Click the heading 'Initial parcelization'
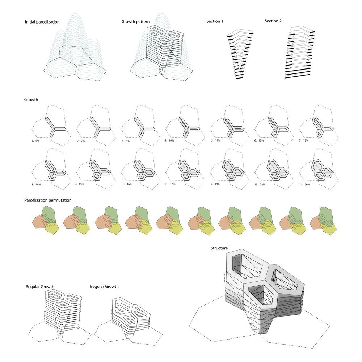pyautogui.click(x=42, y=22)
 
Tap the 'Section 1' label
pyautogui.click(x=215, y=21)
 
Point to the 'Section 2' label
pyautogui.click(x=273, y=21)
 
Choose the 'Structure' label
pyautogui.click(x=219, y=248)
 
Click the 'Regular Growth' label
pyautogui.click(x=40, y=287)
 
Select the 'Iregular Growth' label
pyautogui.click(x=104, y=286)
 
